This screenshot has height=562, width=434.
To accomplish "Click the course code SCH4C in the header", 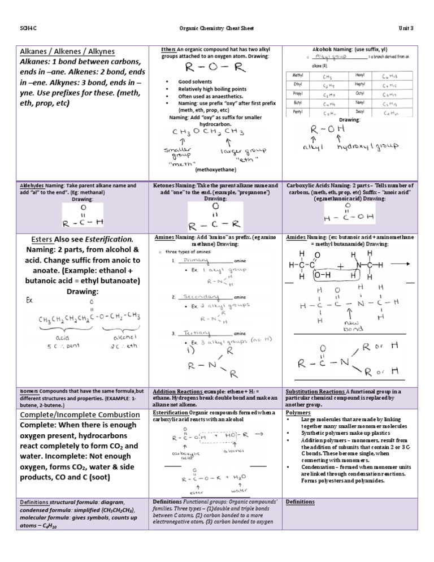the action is [x=26, y=28].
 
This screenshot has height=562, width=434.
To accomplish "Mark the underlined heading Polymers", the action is [x=298, y=413].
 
